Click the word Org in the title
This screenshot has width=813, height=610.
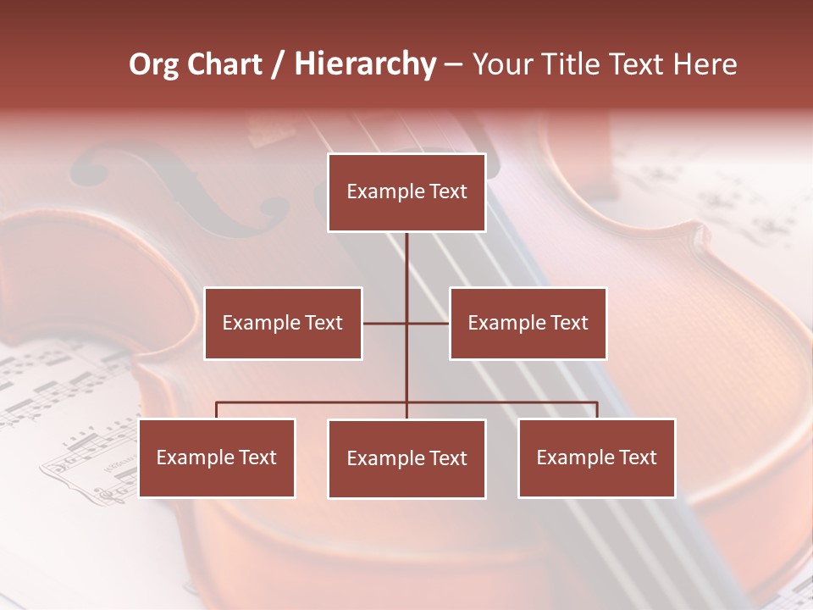coord(153,64)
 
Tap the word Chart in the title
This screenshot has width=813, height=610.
coord(224,64)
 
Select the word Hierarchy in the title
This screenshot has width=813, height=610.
coord(365,64)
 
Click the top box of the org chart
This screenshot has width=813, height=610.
coord(406,192)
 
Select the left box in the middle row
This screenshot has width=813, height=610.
coord(283,323)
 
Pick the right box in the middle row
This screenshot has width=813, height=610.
coord(528,323)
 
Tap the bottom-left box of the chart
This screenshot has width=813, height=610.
coord(217,457)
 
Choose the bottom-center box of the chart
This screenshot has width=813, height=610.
coord(406,458)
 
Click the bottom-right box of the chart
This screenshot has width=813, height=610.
coord(596,457)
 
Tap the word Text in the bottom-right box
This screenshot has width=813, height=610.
coord(638,457)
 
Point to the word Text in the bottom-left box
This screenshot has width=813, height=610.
coord(257,457)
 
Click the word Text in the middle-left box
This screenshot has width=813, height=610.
coord(324,323)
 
